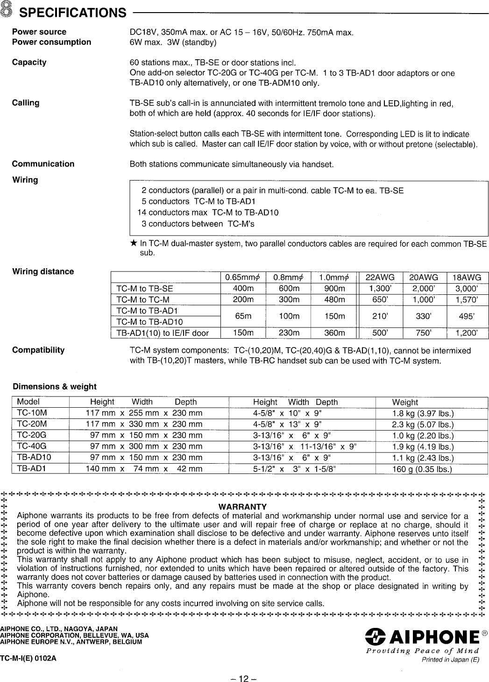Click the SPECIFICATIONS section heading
72,12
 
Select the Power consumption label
51,42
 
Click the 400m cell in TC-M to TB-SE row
243,288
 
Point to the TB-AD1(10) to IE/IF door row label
162,333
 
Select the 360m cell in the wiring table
335,333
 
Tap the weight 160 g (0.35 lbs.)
422,469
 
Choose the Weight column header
405,402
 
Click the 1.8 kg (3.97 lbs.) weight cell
423,413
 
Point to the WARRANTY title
242,507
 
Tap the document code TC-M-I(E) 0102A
28,658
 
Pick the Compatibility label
38,350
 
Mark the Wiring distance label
43,271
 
